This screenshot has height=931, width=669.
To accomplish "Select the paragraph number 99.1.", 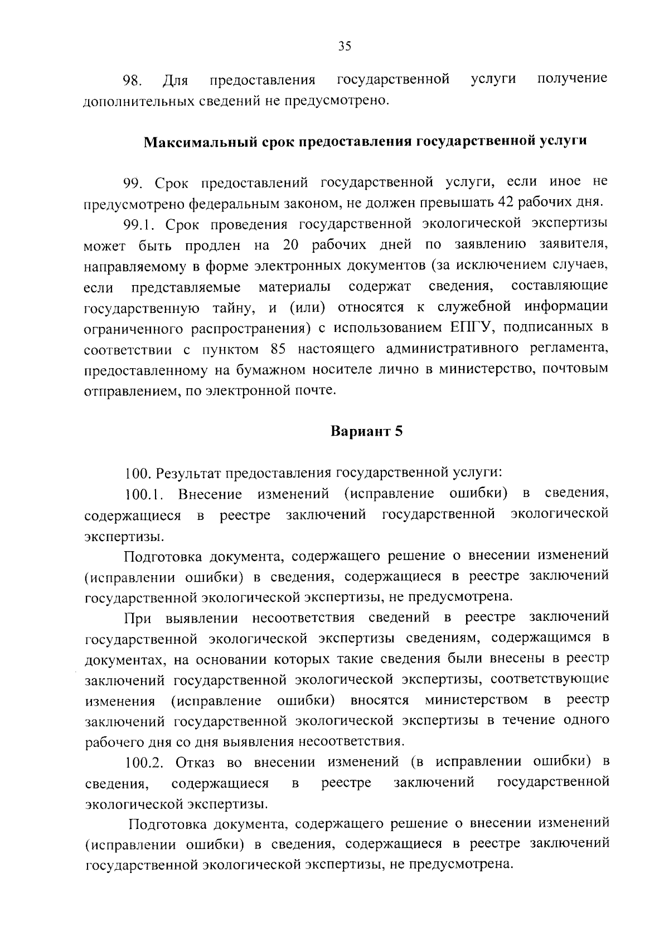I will click(142, 224).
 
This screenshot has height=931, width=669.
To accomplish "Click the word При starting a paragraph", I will click(138, 618).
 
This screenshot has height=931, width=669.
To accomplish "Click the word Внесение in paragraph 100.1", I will click(210, 494).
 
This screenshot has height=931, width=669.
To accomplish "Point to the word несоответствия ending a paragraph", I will click(350, 742).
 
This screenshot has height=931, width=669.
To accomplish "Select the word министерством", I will click(476, 700).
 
